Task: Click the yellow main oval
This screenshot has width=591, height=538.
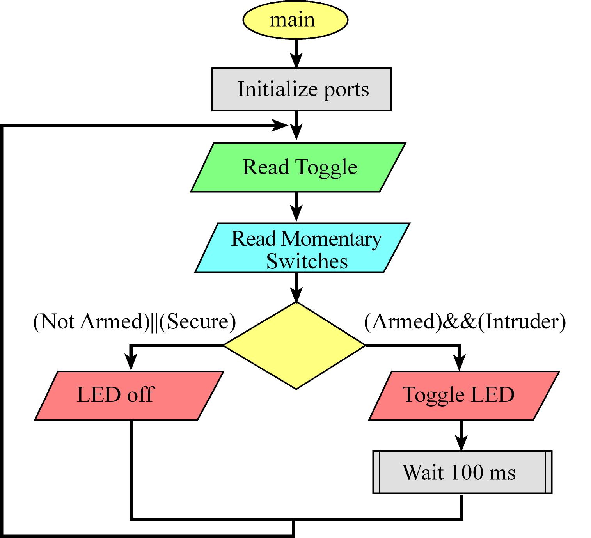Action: (x=295, y=20)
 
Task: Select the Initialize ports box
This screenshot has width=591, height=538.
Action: (x=301, y=89)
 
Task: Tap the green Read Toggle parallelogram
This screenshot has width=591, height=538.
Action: (x=298, y=167)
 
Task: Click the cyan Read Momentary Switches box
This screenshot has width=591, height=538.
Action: (x=302, y=248)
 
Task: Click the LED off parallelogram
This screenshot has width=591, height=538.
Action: (x=129, y=396)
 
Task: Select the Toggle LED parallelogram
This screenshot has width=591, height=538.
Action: (x=464, y=396)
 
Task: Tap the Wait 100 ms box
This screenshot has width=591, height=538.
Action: (x=462, y=472)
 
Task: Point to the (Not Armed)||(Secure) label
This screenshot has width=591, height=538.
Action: (x=135, y=321)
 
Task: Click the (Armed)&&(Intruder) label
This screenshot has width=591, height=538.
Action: (x=465, y=321)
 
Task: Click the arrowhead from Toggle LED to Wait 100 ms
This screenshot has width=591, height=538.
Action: (x=461, y=443)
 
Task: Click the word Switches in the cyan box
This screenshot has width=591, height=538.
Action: (x=307, y=261)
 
